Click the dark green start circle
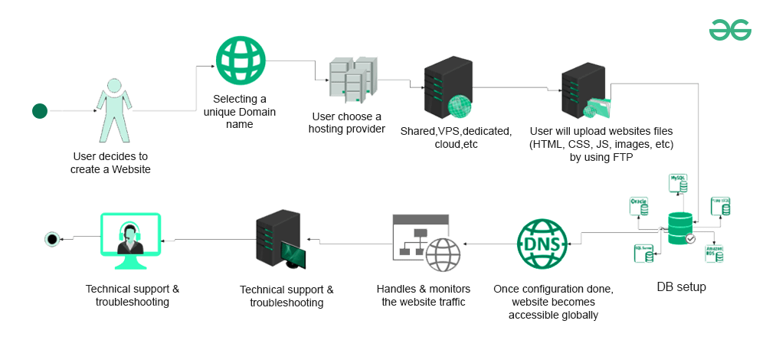click(x=40, y=112)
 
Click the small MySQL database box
click(x=679, y=182)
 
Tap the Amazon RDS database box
click(x=714, y=254)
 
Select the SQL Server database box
click(x=644, y=252)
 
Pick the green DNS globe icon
click(x=544, y=244)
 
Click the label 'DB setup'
click(x=682, y=287)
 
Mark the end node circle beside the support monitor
click(x=52, y=240)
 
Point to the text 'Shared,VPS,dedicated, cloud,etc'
click(x=455, y=137)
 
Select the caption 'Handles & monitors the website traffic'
click(x=424, y=295)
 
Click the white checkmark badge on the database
click(x=690, y=239)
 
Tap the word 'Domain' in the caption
click(x=257, y=112)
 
